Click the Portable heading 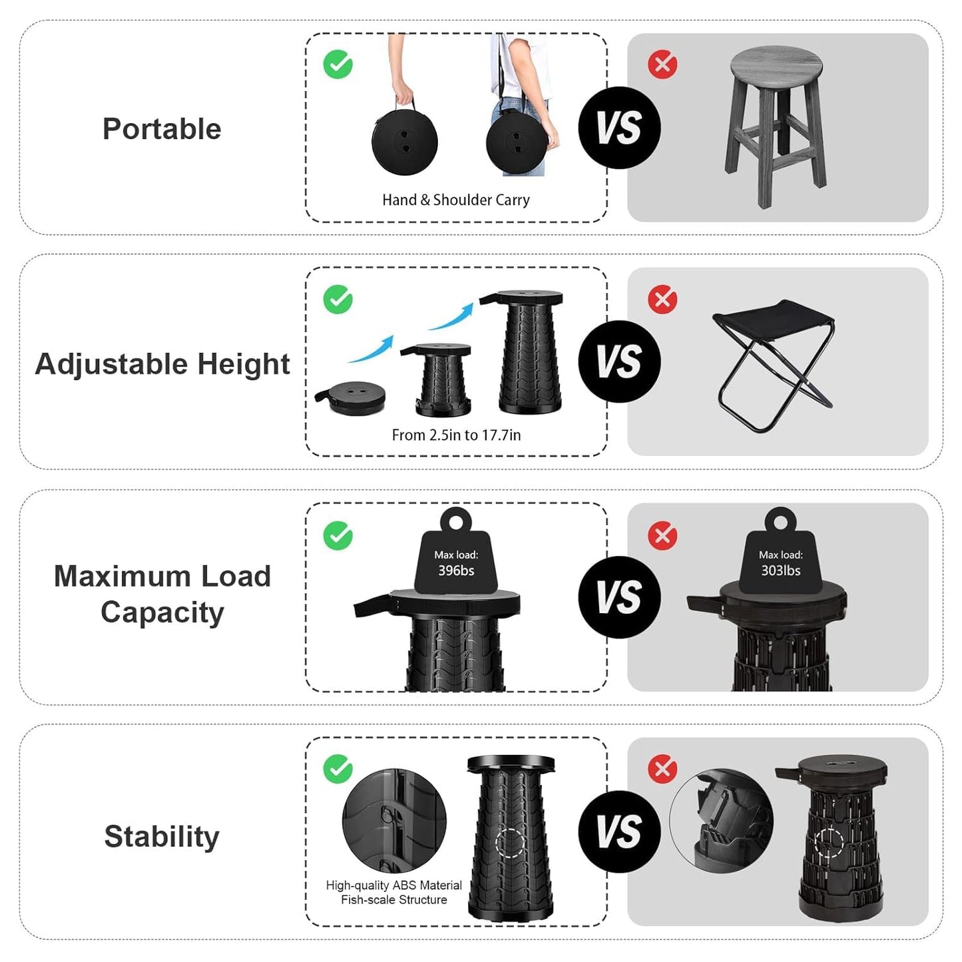tap(162, 128)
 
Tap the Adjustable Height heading tap(162, 364)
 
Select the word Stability tap(162, 836)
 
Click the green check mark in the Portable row tap(338, 65)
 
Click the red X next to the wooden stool tap(662, 65)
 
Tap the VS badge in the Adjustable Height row tap(619, 361)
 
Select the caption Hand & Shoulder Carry tap(456, 200)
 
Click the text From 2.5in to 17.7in tap(456, 435)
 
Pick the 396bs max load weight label tap(456, 563)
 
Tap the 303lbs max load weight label tap(781, 563)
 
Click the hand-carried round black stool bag tap(405, 141)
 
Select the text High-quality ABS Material tap(394, 885)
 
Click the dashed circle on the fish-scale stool tap(511, 843)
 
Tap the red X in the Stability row tap(662, 769)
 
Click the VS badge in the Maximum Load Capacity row tap(619, 597)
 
